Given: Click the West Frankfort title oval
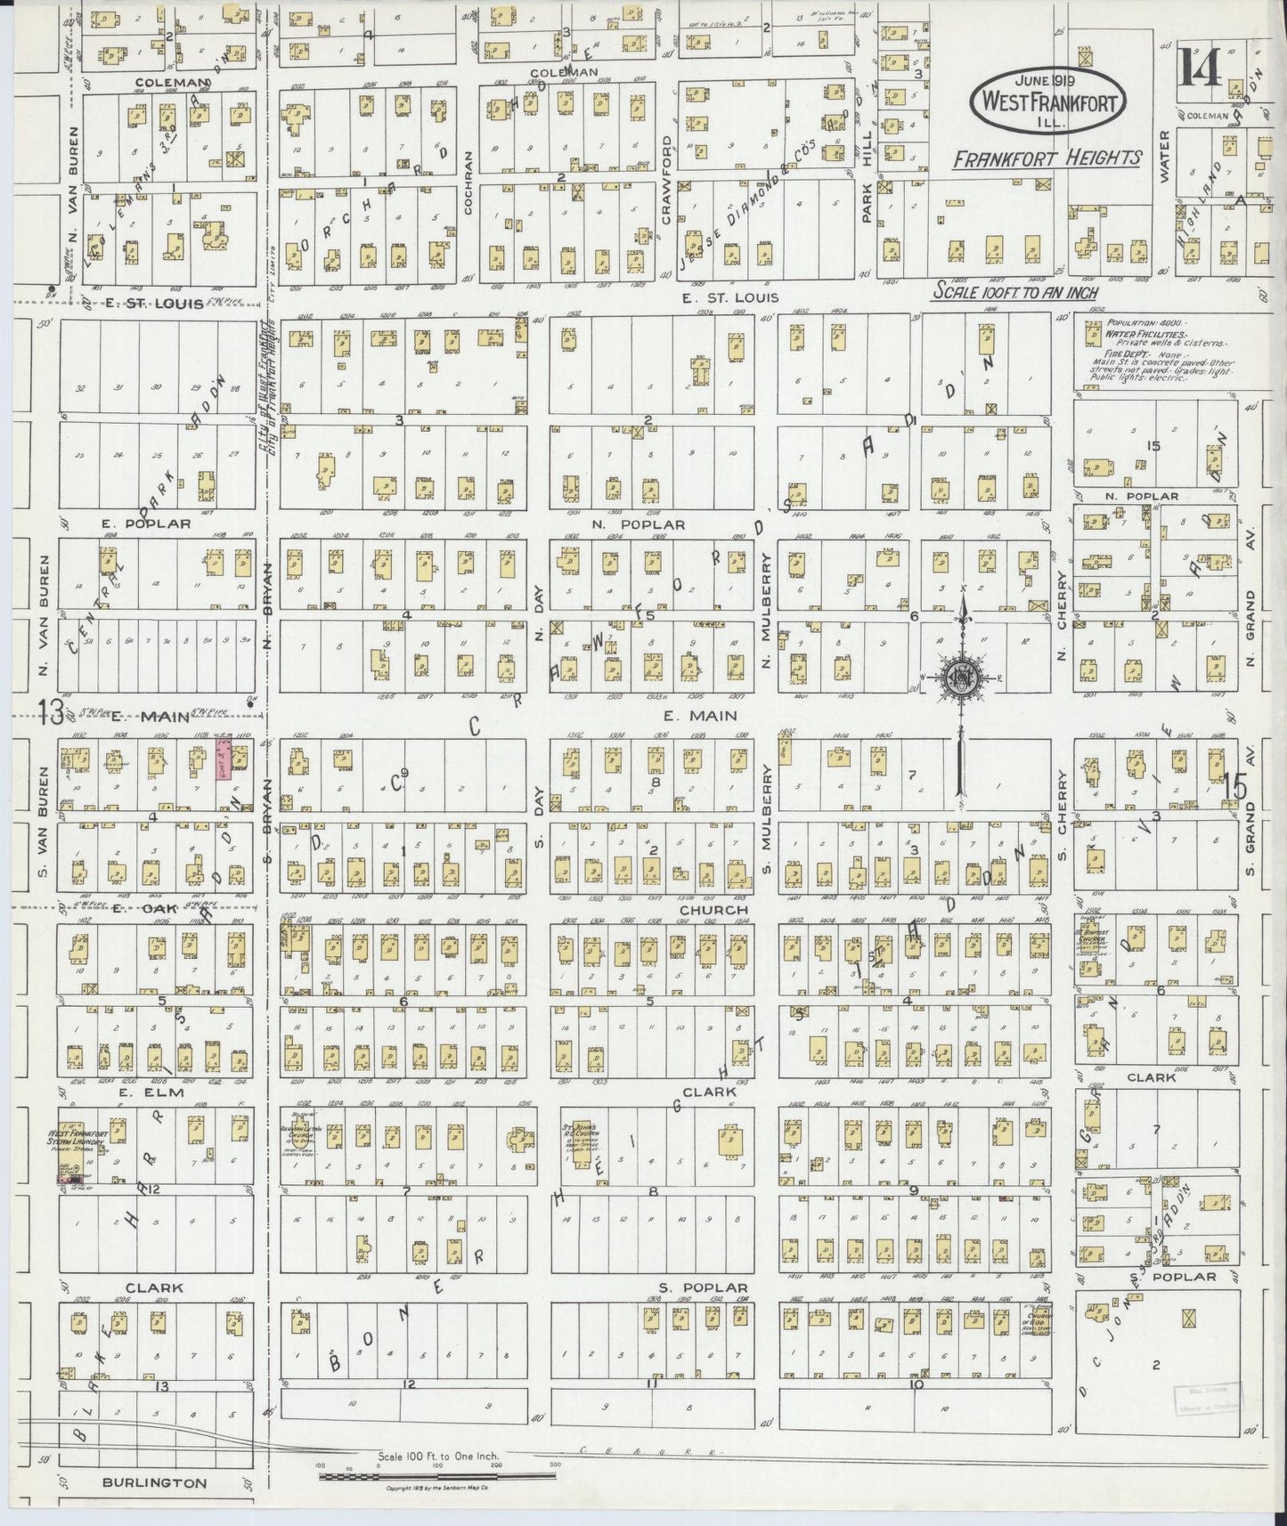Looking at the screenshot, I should coord(1047,101).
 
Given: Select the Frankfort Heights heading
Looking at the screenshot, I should coord(1047,158).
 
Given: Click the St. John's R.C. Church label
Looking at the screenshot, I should coord(583,1135).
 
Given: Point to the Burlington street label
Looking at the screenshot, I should coord(155,1483).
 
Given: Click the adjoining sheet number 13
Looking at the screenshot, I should coord(50,712).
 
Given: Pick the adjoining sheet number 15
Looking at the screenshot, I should coord(1234,786).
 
